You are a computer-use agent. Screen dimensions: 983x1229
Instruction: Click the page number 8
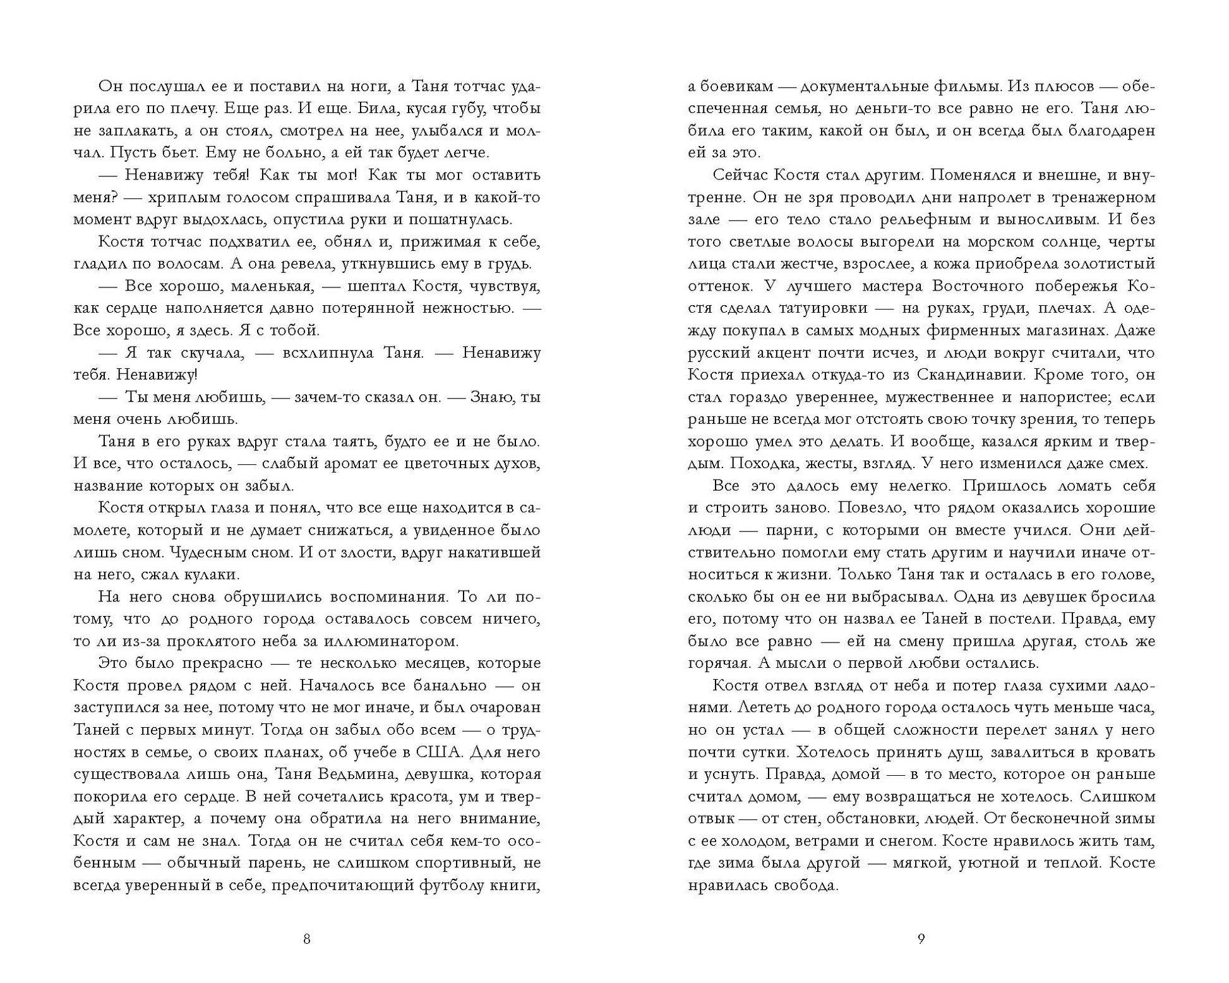[307, 939]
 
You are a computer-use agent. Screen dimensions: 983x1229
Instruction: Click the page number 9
[921, 939]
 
